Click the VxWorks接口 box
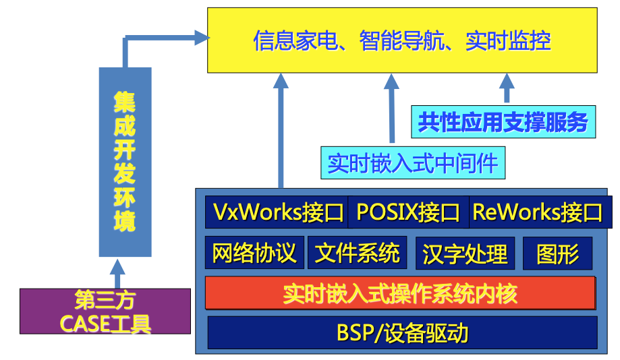tap(277, 212)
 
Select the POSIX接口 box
tap(407, 212)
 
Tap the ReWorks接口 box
tap(538, 212)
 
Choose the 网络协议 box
tap(254, 253)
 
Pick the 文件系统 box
tap(358, 253)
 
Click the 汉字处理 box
tap(465, 253)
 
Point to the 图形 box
tap(557, 253)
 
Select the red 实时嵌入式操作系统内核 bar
tap(400, 293)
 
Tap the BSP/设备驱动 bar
tap(402, 332)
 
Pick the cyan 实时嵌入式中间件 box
tap(412, 163)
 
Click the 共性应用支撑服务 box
tap(503, 123)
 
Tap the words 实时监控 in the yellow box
tap(508, 41)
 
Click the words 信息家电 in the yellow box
tap(295, 41)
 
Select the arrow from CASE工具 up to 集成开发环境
tap(119, 274)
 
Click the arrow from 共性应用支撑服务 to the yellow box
tap(507, 89)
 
